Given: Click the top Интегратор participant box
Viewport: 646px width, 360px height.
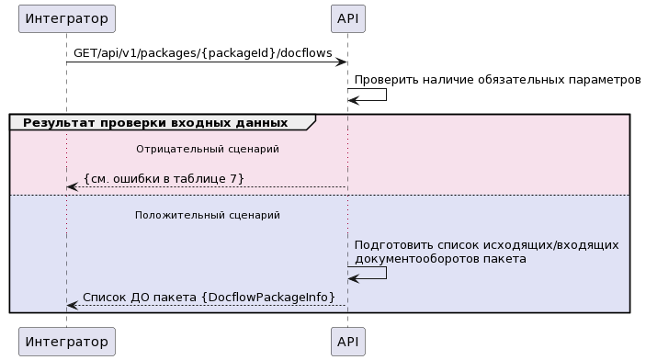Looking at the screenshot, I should [66, 18].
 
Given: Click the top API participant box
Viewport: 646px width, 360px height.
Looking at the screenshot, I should [347, 18].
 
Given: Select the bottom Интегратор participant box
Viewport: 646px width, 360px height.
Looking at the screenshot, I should [66, 342].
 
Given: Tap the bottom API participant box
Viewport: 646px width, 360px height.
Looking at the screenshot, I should [347, 342].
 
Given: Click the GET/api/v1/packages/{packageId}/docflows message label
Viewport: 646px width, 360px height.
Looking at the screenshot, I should [202, 53].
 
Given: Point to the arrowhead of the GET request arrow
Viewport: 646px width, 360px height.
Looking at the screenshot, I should [341, 62].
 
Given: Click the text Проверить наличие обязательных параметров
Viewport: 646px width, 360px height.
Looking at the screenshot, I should [497, 81].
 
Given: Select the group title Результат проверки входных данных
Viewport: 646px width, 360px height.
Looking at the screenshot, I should [154, 122].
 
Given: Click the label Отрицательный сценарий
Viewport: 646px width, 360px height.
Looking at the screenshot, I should [207, 148].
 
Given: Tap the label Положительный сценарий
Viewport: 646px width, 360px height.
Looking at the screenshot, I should [207, 215].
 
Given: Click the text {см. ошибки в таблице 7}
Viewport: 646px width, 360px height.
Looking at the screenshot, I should [164, 178].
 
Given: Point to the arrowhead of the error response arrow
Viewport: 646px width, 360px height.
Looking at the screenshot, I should [72, 187].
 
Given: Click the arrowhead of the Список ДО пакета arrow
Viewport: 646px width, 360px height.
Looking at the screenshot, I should [72, 306].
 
